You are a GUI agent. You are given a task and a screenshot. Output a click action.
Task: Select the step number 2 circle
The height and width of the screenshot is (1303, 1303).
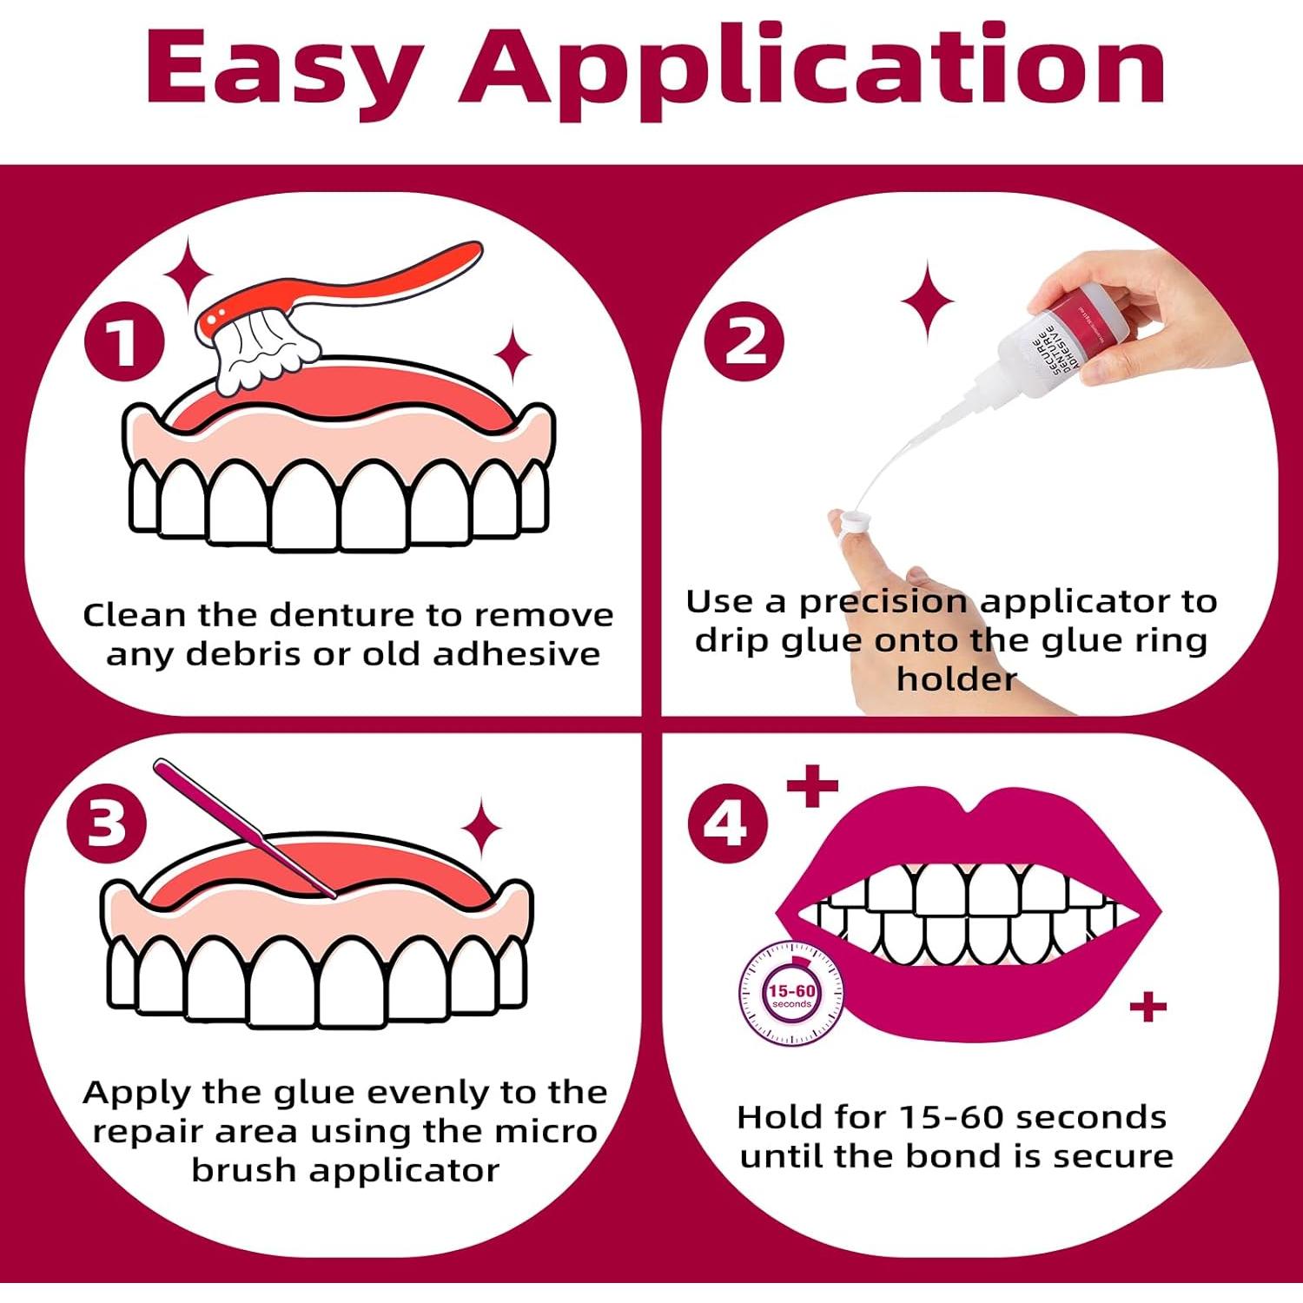click(744, 341)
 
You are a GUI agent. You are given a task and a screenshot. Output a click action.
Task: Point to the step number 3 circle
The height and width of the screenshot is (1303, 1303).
click(107, 822)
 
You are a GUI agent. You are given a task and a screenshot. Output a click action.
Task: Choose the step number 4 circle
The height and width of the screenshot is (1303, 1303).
click(728, 822)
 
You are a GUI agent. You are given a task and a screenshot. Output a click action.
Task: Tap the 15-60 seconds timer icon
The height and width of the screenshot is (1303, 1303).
click(790, 995)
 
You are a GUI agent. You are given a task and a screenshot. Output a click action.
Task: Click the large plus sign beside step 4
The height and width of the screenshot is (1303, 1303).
click(812, 785)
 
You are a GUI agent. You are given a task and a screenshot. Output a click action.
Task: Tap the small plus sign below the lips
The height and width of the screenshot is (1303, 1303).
click(1148, 1007)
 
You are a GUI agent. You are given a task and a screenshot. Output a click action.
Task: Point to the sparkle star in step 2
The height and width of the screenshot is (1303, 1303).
click(927, 301)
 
